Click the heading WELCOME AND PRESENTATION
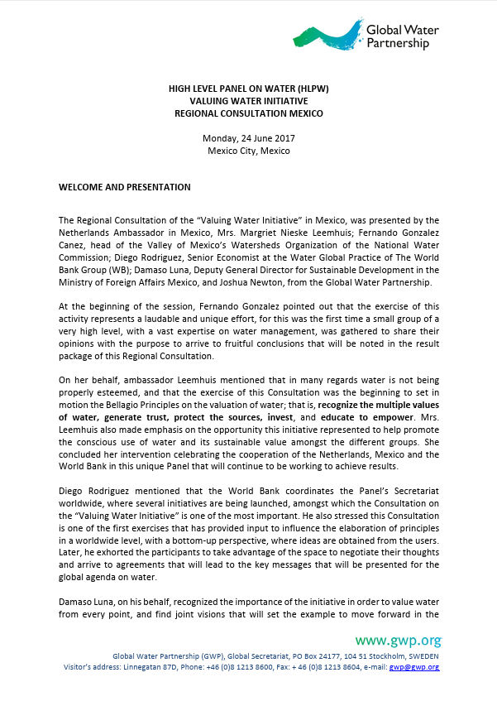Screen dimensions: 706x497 (x=125, y=187)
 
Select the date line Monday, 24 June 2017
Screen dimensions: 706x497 (x=249, y=138)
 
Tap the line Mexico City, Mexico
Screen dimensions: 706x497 (x=249, y=151)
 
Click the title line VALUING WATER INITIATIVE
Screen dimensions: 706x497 (x=249, y=99)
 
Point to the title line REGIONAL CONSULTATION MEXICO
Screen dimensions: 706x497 (x=249, y=113)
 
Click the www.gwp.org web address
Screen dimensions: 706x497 (x=398, y=641)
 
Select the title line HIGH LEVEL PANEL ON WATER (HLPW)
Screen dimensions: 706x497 (x=249, y=87)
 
